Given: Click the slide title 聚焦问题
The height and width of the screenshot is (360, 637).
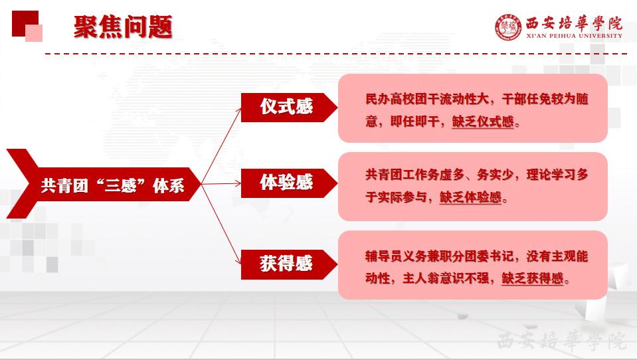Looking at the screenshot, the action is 123,27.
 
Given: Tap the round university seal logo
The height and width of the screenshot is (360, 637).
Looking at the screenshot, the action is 508,28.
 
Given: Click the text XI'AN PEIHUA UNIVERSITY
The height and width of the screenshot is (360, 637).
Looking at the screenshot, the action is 574,36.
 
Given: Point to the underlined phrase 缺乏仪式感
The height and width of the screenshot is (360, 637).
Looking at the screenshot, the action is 483,122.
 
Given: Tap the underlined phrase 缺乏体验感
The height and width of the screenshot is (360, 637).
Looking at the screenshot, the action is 471,197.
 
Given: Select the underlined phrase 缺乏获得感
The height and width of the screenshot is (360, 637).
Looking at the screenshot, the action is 533,278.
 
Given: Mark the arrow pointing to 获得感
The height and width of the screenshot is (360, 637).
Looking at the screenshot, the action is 221,224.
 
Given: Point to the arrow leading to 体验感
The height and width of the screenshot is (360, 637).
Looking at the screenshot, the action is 221,184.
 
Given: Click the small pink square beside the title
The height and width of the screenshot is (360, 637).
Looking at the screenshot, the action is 34,33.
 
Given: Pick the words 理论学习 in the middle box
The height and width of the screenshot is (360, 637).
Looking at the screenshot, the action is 551,175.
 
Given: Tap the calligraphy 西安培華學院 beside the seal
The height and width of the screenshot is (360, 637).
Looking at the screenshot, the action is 574,23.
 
